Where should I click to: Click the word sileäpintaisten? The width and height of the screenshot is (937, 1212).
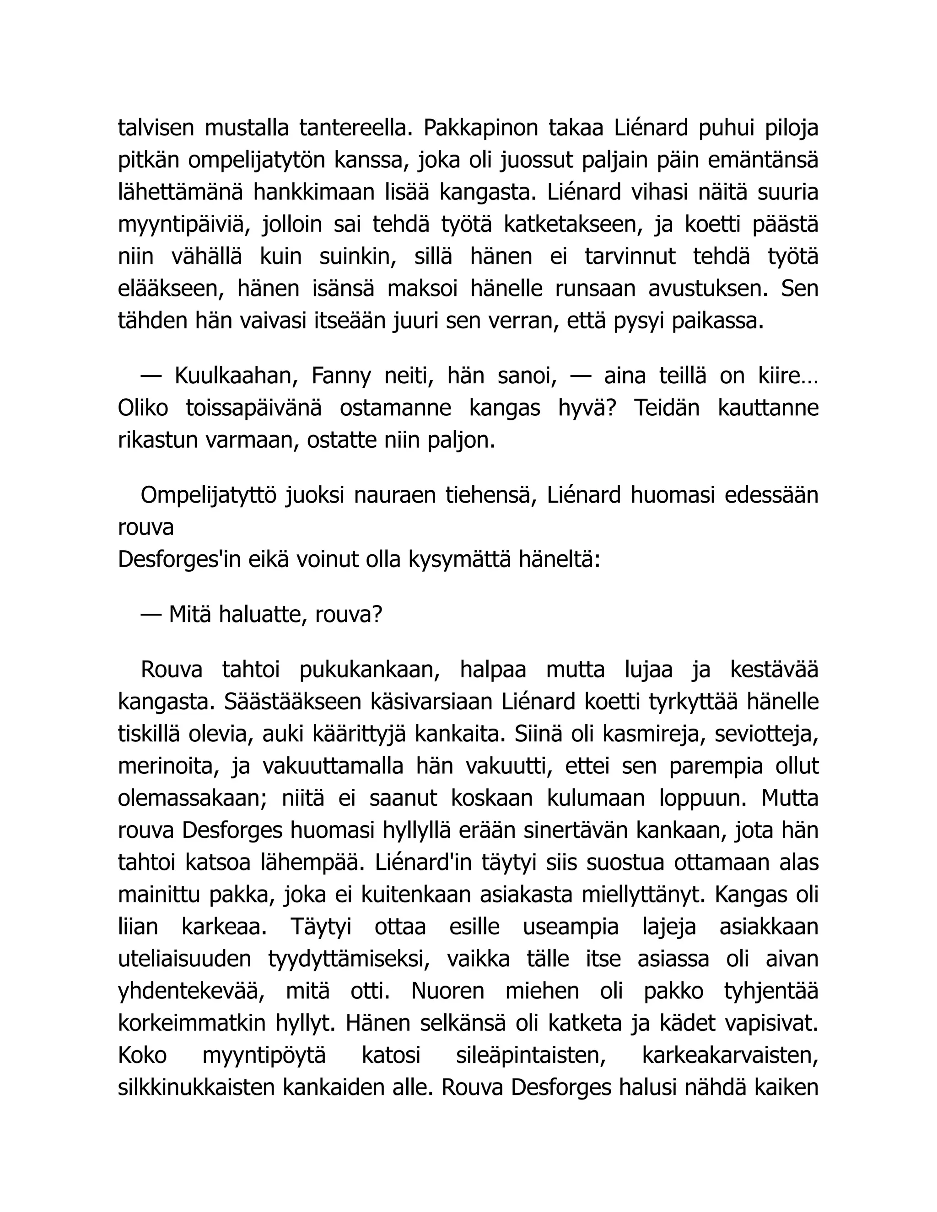(530, 1055)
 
